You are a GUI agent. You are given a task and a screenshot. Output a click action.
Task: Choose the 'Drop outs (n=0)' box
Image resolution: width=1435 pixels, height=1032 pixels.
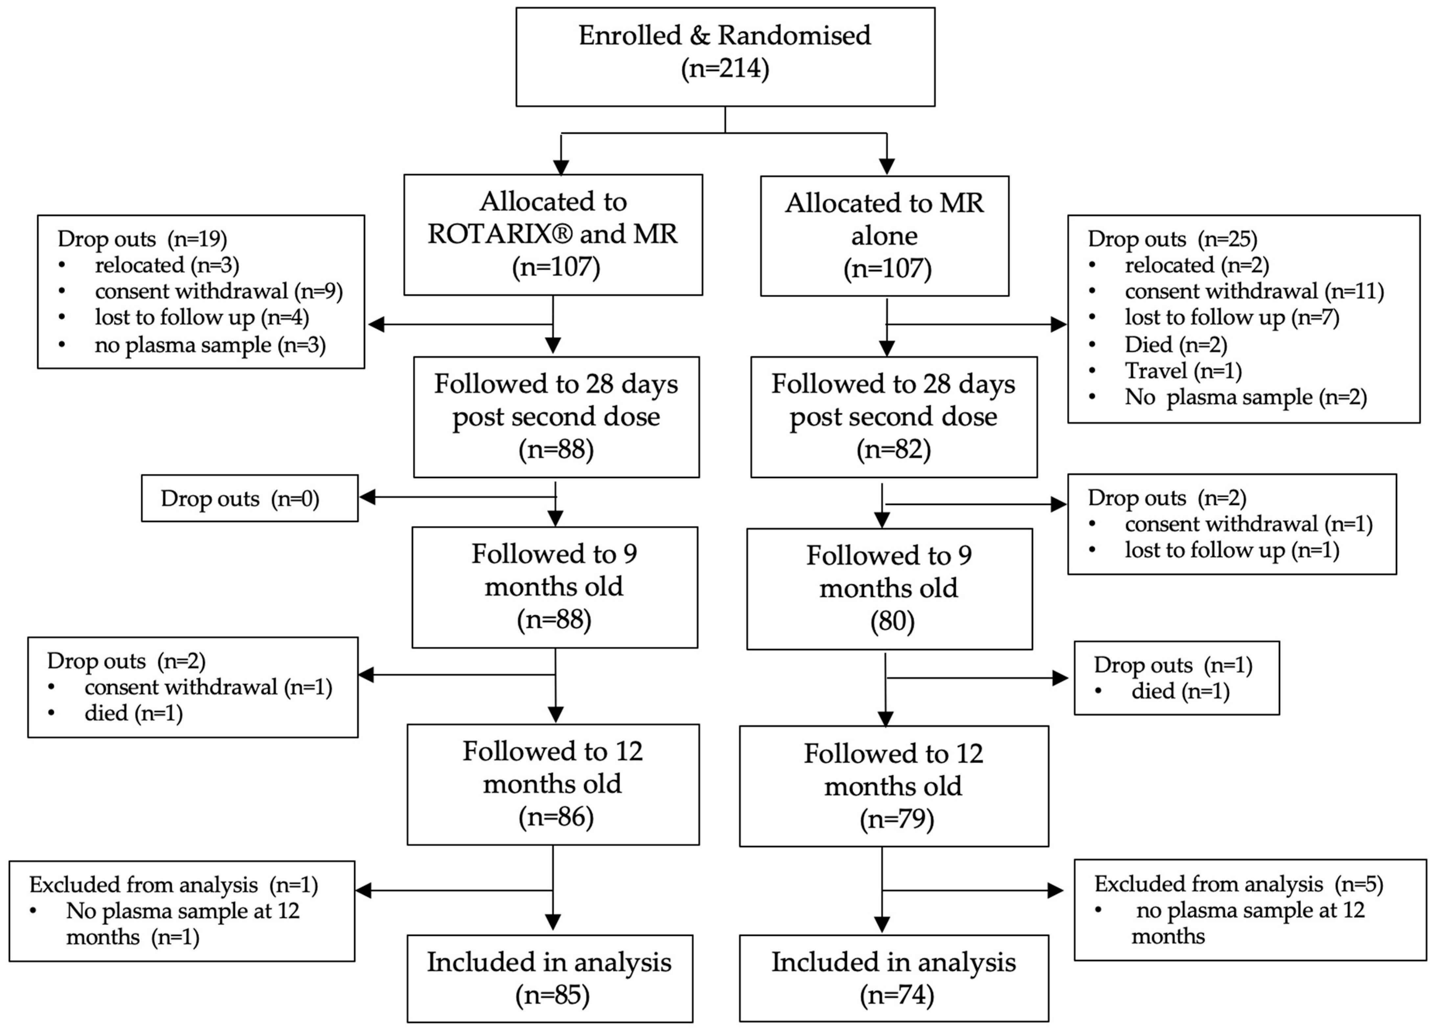click(x=249, y=499)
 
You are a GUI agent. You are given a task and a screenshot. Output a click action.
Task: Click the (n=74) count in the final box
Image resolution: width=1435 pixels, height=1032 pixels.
click(x=896, y=995)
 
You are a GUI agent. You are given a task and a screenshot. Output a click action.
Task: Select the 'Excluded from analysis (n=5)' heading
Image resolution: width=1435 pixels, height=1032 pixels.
click(x=1238, y=884)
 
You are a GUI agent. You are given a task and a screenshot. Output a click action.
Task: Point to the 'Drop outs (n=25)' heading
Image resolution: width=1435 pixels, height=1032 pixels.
click(x=1172, y=239)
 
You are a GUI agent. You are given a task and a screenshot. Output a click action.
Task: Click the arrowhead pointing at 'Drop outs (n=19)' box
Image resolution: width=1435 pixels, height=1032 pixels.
click(x=376, y=325)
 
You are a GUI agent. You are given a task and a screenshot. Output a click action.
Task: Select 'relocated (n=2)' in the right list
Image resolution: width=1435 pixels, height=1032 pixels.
click(x=1196, y=265)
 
